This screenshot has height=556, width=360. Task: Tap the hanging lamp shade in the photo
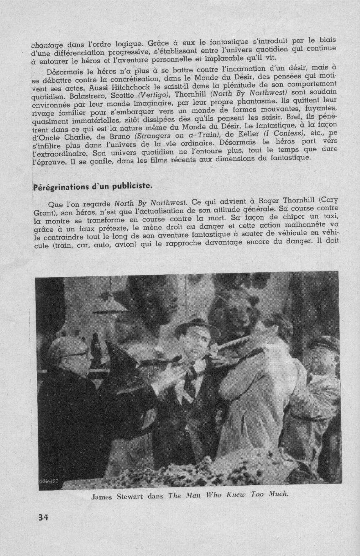point(110,305)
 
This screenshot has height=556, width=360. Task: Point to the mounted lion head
point(237,311)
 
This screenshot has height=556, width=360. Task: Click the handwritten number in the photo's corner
point(49,481)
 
